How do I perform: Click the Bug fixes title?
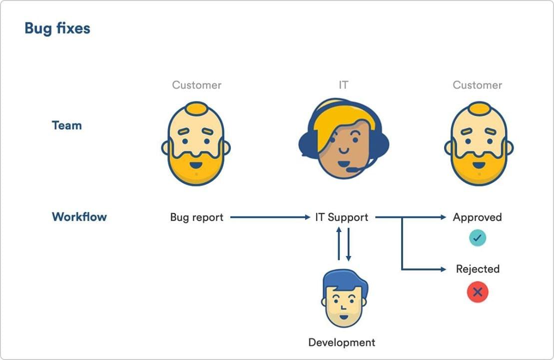pos(57,28)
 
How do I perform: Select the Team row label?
pos(67,125)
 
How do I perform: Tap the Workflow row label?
pos(79,216)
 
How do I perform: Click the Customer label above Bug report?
pos(196,85)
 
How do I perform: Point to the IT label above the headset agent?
pos(343,85)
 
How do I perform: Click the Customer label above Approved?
pos(478,85)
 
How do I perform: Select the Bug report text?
pos(197,217)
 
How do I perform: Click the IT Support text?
pos(342,217)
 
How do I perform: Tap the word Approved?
pos(478,217)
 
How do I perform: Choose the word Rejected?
pos(478,269)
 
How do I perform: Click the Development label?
pos(342,342)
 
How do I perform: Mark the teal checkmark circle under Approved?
pos(478,237)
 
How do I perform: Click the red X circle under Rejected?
pos(478,292)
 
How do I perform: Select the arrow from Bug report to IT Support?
pos(270,217)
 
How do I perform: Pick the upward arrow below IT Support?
pos(339,243)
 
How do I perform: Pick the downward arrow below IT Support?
pos(348,244)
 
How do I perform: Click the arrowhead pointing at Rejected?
pos(444,269)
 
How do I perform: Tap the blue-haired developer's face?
pos(344,299)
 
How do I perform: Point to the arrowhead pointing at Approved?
pos(444,217)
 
